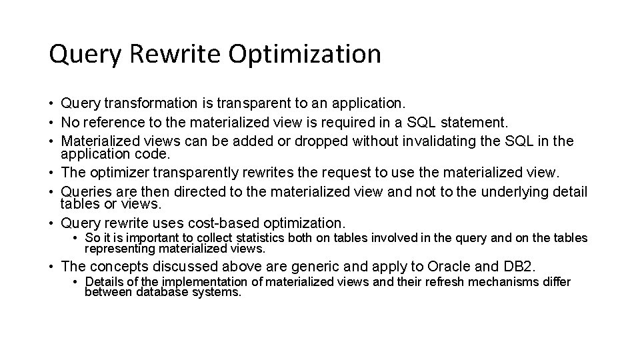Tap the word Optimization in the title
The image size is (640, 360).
pos(305,54)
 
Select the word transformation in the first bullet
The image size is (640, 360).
pos(150,103)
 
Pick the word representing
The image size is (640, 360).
pos(117,249)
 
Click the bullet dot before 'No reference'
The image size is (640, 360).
pos(51,123)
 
